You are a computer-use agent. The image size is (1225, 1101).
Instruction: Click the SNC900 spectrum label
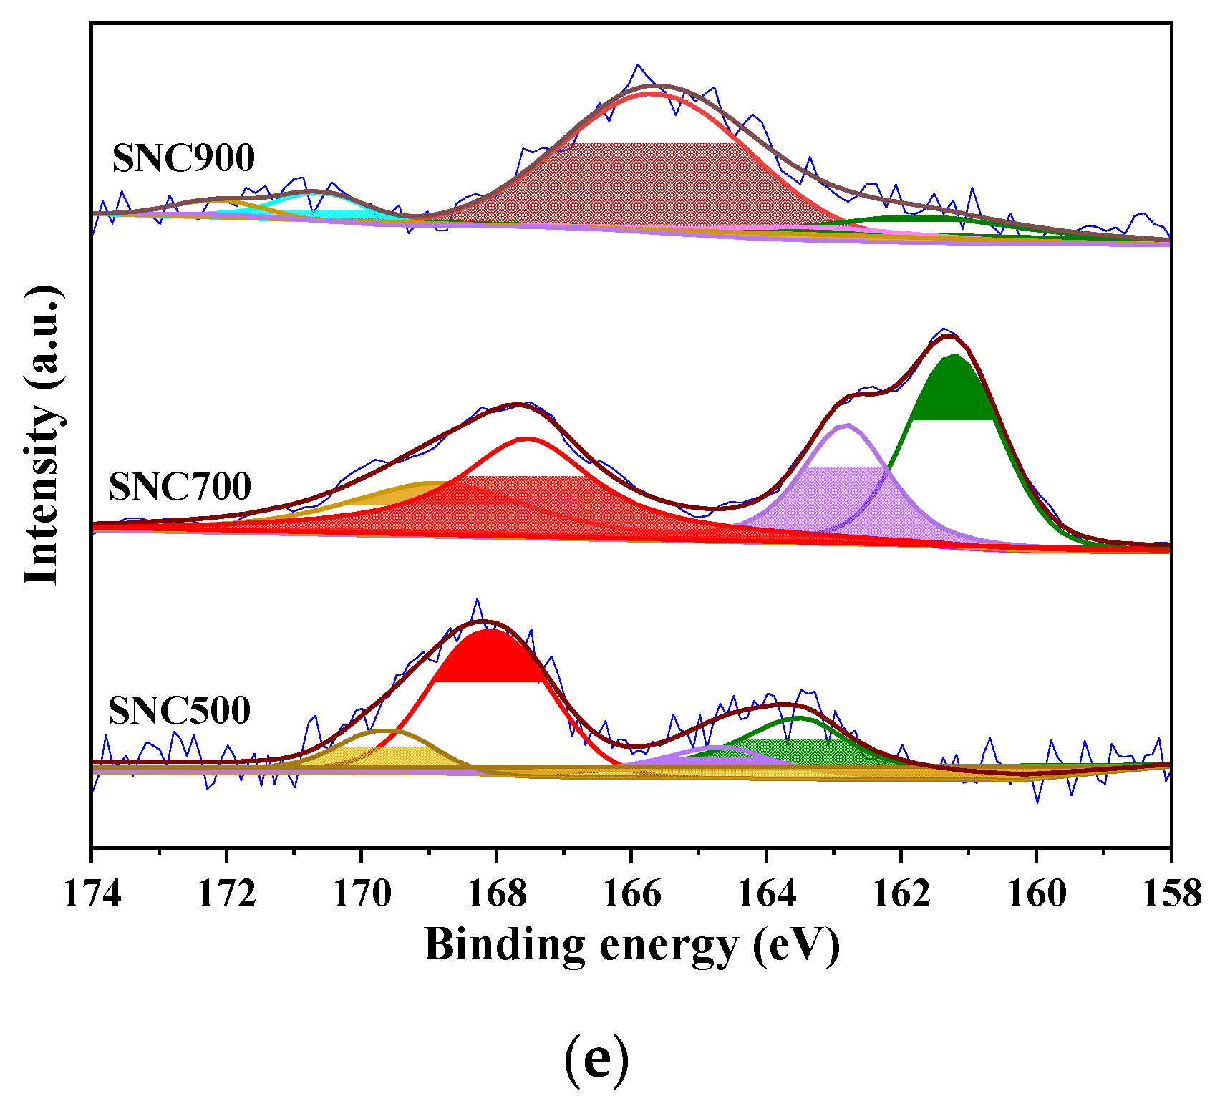[x=183, y=158]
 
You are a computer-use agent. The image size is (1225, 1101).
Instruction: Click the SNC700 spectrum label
[x=180, y=487]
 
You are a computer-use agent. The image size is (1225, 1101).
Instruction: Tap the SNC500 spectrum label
[x=179, y=711]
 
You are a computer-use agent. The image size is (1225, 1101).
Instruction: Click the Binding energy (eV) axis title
[x=631, y=945]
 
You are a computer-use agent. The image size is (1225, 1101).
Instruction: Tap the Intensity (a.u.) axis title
[x=42, y=435]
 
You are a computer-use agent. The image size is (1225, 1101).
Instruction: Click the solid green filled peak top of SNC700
[x=954, y=390]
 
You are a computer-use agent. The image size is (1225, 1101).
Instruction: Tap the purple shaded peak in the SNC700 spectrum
[x=845, y=494]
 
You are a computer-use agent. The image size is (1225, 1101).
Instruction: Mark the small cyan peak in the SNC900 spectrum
[x=322, y=205]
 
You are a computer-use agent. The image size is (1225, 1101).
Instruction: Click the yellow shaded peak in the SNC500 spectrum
[x=387, y=756]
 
